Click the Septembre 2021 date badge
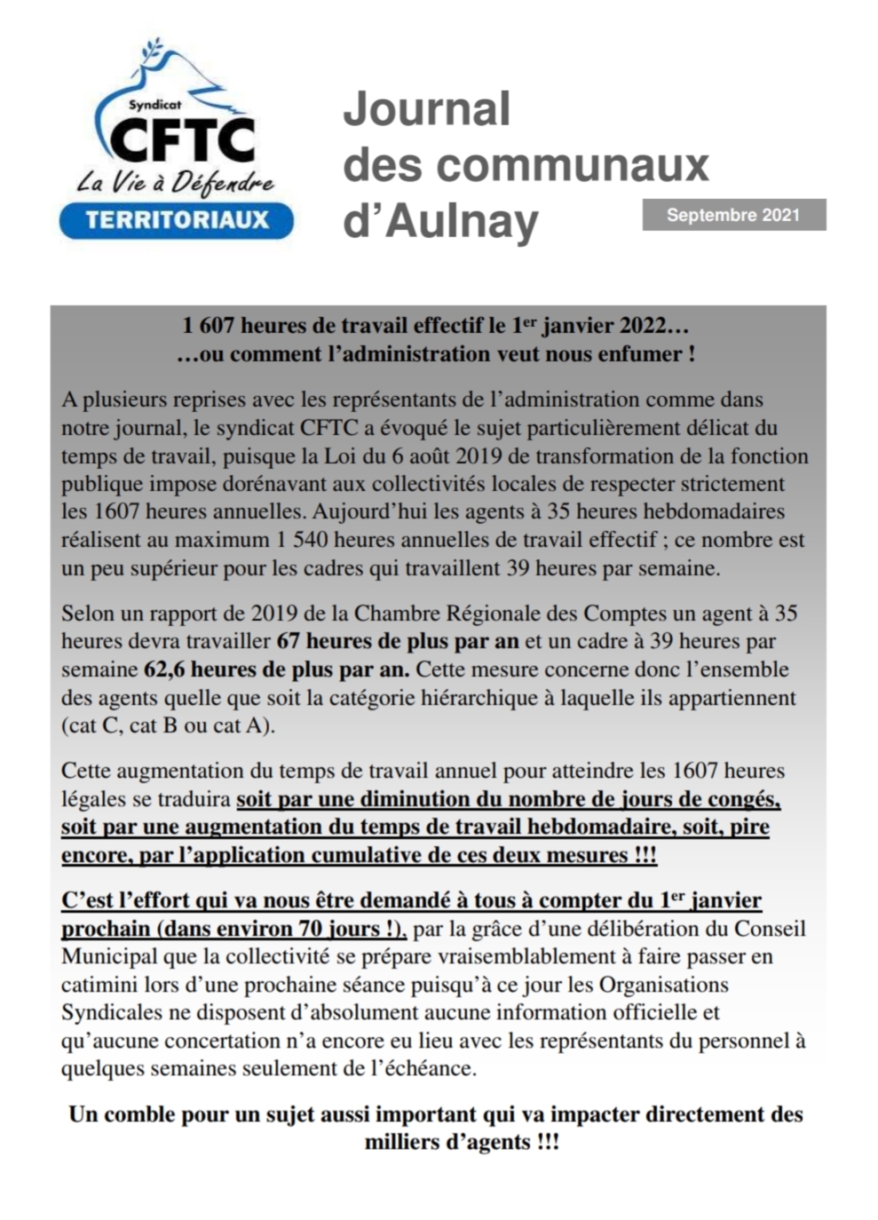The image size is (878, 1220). coord(733,215)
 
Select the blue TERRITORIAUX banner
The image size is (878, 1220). coord(177,220)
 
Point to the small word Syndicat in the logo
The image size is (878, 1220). coord(154,104)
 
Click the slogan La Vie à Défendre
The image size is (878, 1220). coord(176,183)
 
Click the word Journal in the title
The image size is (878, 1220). coord(427,109)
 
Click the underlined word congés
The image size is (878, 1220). coord(745,799)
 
